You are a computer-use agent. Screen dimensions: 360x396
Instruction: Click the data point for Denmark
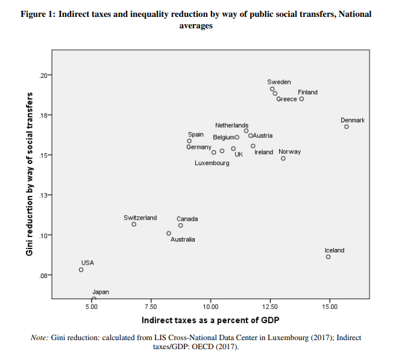point(347,127)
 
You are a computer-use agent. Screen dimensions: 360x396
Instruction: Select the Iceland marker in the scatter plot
point(328,257)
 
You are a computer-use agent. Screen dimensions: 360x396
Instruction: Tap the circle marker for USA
point(81,270)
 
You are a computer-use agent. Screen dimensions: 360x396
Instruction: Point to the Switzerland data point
point(134,224)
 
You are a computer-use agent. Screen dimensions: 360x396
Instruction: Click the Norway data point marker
point(283,159)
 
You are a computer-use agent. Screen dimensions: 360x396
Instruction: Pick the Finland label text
point(307,92)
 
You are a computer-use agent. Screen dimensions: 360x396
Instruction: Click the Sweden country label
point(279,82)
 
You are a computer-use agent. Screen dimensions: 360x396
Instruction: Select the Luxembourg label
point(212,163)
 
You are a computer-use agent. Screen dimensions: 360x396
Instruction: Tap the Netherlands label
point(231,125)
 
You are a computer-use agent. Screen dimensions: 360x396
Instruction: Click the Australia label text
point(183,239)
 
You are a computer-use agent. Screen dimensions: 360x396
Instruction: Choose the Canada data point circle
point(181,226)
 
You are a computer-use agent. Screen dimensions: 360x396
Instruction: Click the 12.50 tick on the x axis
point(269,307)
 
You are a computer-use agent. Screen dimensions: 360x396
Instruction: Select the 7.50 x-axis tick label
point(151,307)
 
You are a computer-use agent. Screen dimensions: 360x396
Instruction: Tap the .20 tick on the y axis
point(43,75)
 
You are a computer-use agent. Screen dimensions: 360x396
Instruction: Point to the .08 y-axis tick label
point(43,276)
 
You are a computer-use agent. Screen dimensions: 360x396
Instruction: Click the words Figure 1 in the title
point(38,14)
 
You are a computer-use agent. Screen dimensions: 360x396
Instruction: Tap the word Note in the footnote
point(39,338)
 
